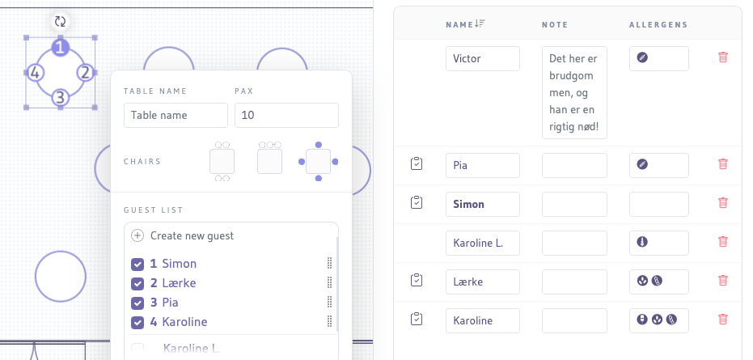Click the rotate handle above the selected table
pos(60,22)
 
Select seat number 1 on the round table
pos(60,48)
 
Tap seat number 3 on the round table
pos(60,99)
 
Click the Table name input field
pos(176,115)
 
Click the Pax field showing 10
pos(286,115)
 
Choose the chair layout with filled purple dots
pos(318,161)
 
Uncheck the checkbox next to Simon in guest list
pos(137,264)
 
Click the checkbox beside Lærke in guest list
pos(137,283)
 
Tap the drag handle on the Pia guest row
pos(329,303)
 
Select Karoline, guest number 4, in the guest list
pos(184,322)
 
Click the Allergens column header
pos(658,24)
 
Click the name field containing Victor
pos(482,58)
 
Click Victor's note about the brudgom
pos(573,92)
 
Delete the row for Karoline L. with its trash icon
pos(723,242)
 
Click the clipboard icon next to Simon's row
pos(417,203)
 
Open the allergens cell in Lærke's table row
pos(658,281)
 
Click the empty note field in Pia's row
pos(573,165)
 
